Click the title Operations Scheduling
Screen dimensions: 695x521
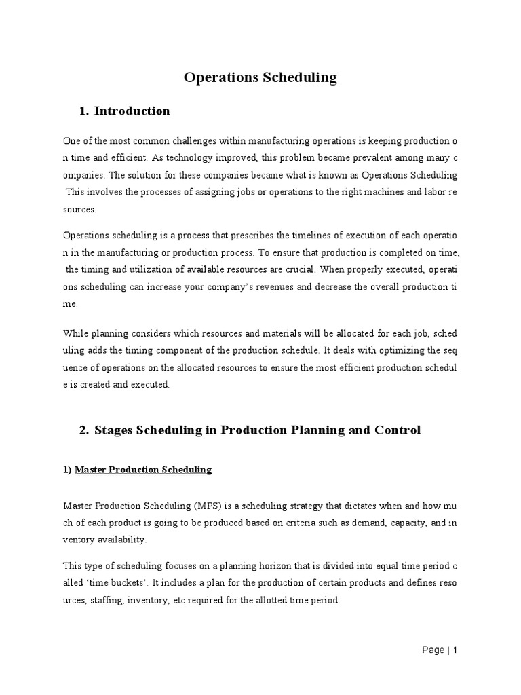coord(260,77)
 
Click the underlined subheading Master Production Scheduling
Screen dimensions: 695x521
coord(143,469)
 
